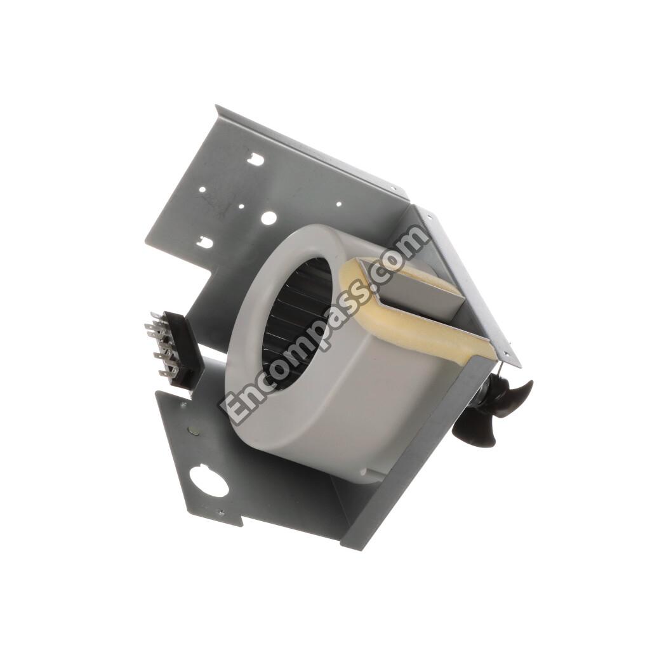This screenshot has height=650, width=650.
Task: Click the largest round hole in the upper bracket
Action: (x=269, y=218)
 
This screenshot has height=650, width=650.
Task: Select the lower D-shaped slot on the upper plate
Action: (x=204, y=241)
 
